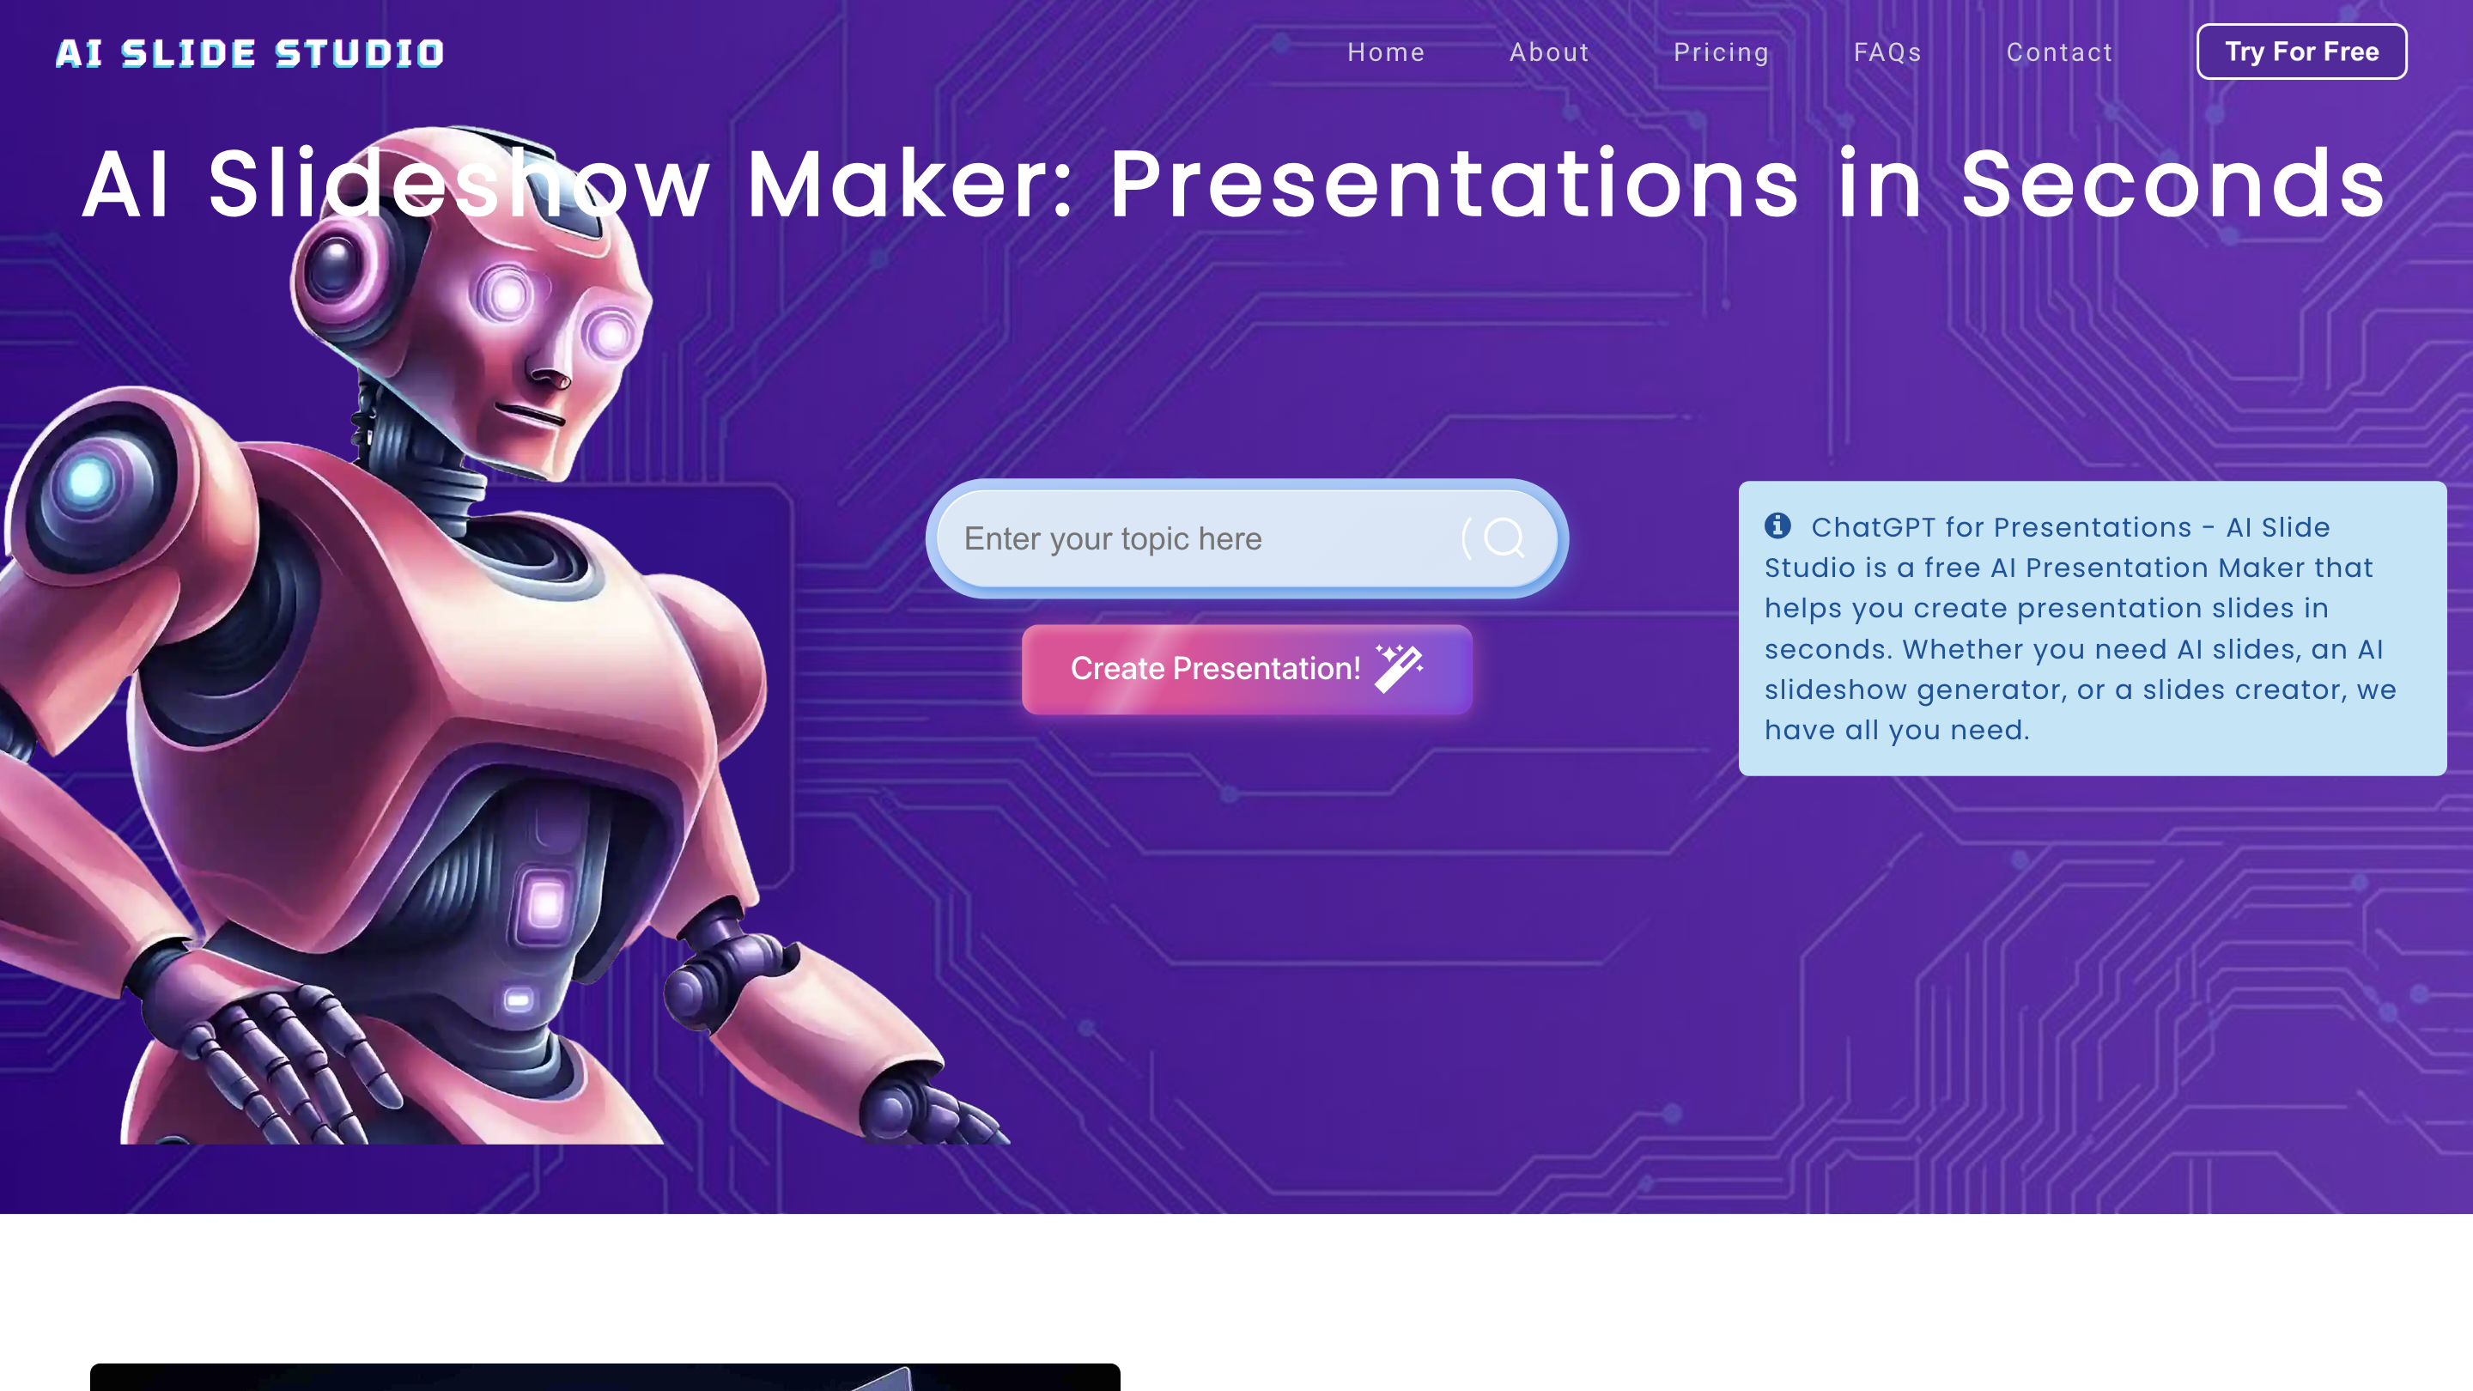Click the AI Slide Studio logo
click(250, 52)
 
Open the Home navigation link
click(1385, 52)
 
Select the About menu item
click(1548, 52)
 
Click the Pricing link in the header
click(1720, 52)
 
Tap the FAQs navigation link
click(1887, 52)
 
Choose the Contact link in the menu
click(2059, 52)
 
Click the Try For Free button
click(2300, 52)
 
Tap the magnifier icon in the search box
click(1504, 538)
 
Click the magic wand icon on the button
click(1399, 668)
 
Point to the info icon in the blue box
click(1777, 525)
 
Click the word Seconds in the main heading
click(2172, 185)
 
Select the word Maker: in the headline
click(909, 185)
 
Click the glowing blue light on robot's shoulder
click(88, 480)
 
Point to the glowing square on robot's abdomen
click(546, 903)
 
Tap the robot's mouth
click(530, 415)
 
